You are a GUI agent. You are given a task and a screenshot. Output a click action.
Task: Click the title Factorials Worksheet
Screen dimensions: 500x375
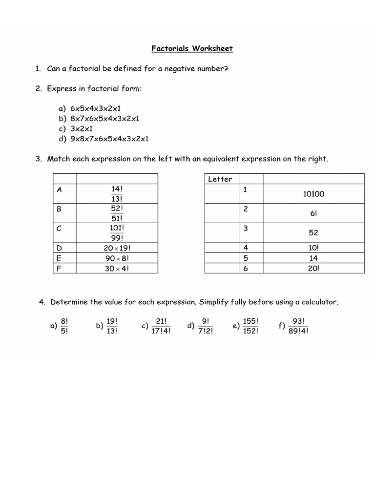click(x=192, y=48)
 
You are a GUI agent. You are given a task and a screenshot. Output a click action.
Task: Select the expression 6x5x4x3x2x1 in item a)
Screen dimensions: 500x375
click(x=95, y=108)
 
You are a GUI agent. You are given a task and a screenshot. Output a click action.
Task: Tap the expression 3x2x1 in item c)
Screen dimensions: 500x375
click(x=82, y=128)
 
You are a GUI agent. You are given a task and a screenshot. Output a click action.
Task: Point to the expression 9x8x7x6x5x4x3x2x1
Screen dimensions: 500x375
click(x=109, y=139)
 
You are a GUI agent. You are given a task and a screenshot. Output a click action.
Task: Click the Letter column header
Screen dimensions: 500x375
click(x=220, y=179)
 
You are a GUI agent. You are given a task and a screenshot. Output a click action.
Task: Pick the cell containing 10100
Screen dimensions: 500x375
click(x=313, y=194)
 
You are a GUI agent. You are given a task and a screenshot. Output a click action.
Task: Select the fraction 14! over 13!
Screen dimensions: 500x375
click(x=117, y=194)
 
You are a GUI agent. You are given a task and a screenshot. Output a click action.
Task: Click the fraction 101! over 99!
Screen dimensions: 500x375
click(x=117, y=233)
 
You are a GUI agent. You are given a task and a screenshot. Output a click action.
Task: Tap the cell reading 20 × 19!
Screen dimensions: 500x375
click(x=117, y=248)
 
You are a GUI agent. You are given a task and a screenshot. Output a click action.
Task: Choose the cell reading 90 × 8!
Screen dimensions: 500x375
click(x=117, y=258)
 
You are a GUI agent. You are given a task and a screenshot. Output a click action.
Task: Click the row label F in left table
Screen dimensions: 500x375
click(x=59, y=268)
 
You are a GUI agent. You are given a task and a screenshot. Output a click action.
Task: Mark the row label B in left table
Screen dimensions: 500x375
click(x=60, y=209)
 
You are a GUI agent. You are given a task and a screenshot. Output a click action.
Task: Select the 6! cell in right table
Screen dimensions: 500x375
click(x=313, y=213)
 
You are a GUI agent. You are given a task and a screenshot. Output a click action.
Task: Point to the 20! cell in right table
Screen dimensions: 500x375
click(x=313, y=268)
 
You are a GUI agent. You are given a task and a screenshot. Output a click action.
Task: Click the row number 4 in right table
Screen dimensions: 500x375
click(x=246, y=248)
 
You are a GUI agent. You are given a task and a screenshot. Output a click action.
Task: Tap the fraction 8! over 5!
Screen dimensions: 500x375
click(x=64, y=326)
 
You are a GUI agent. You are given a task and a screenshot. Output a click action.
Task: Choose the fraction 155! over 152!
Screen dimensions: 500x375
click(x=250, y=326)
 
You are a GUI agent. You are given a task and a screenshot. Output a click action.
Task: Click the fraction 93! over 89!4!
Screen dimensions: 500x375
click(x=298, y=326)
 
